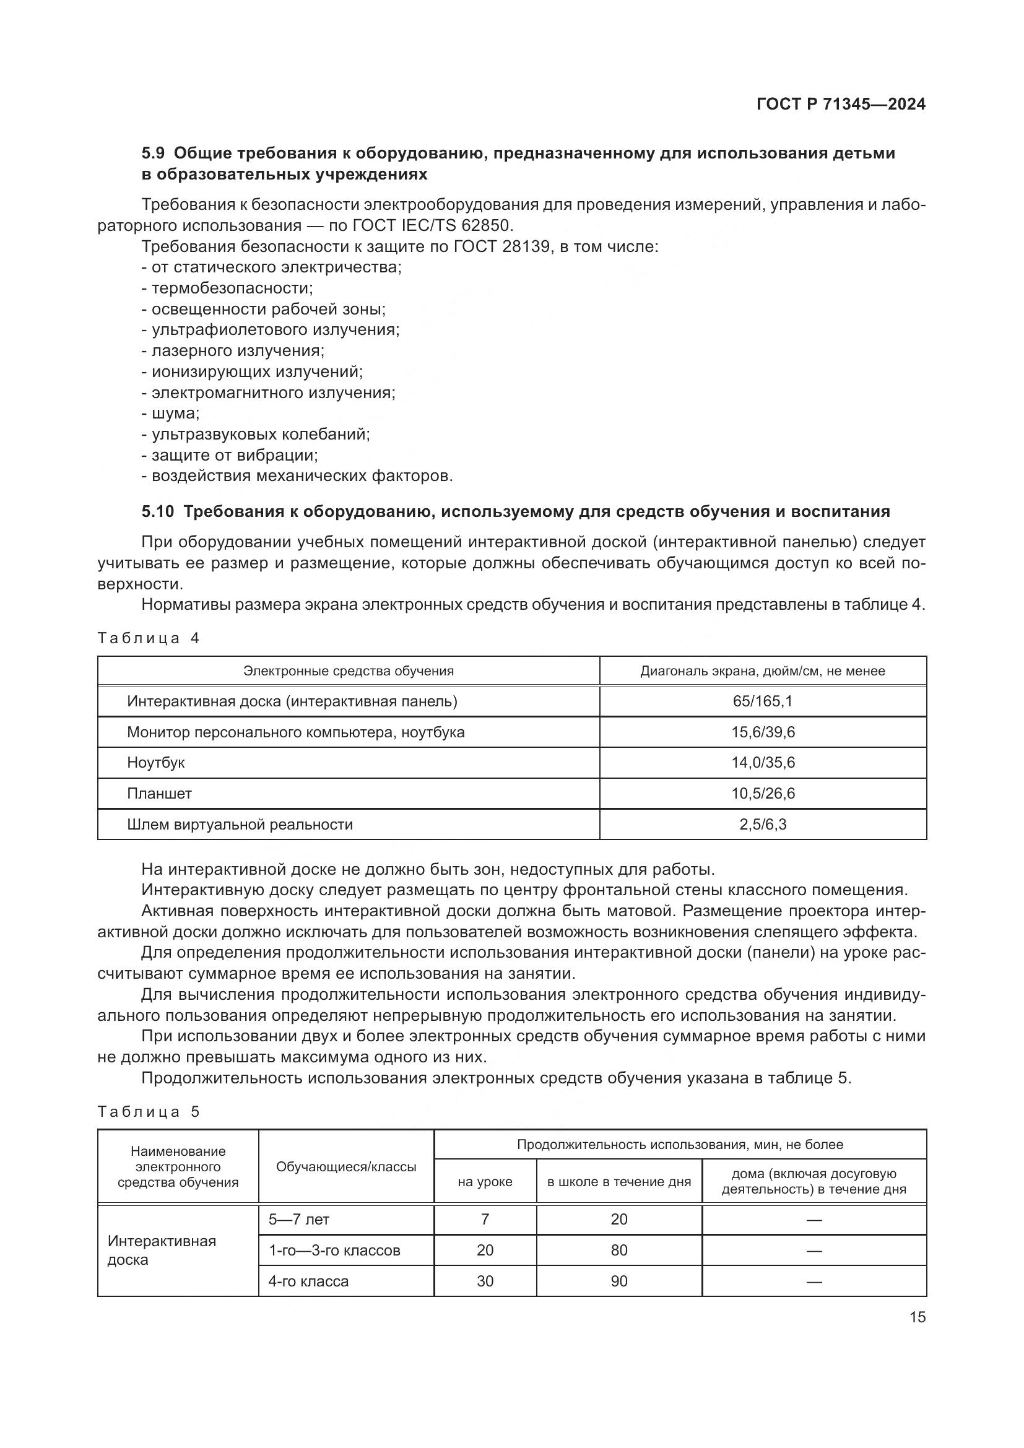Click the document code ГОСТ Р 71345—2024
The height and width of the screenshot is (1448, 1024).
coord(841,105)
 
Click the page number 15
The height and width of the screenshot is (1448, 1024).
coord(918,1317)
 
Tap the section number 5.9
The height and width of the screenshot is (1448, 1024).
coord(152,154)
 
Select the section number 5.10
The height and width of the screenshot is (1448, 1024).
coord(157,511)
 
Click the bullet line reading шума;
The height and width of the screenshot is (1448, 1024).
coord(170,414)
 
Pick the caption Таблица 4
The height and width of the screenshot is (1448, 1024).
coord(148,638)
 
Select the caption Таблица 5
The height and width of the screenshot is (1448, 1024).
coord(148,1112)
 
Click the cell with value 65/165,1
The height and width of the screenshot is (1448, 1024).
coord(762,701)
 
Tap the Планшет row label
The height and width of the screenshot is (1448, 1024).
coord(159,794)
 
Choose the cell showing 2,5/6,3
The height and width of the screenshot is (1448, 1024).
coord(762,824)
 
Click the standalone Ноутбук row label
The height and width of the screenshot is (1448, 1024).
coord(156,763)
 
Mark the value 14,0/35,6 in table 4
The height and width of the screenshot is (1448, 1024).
coord(762,763)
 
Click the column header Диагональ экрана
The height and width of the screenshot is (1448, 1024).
coord(762,671)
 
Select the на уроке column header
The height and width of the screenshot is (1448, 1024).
coord(485,1182)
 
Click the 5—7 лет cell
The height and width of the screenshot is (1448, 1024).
coord(299,1220)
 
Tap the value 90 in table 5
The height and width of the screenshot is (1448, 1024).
coord(618,1281)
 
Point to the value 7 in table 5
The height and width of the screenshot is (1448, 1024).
coord(485,1220)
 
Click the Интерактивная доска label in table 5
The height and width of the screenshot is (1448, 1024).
coord(162,1250)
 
